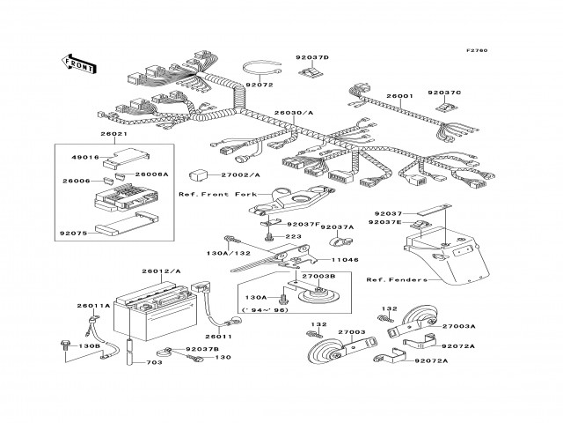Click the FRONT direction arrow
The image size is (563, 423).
[79, 62]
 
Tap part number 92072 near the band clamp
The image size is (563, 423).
[260, 85]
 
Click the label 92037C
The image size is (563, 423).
[444, 92]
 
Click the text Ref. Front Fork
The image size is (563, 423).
[211, 194]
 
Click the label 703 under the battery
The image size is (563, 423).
[154, 362]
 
